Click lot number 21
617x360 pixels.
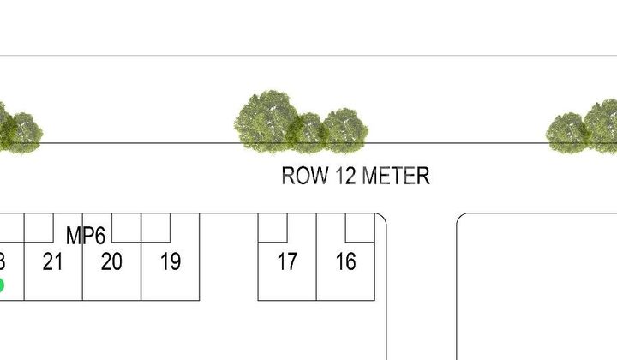53,261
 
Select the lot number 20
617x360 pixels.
111,261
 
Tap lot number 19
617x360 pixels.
171,261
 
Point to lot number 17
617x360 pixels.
287,261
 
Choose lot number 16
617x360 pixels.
345,261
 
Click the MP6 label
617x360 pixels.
86,236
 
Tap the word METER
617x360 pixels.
395,177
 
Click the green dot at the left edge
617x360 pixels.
1,285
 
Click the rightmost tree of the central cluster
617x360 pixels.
345,129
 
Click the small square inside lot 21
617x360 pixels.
39,227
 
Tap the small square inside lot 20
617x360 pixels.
126,227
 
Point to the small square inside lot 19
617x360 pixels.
155,227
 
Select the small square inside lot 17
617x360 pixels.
273,227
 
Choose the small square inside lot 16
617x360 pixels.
360,227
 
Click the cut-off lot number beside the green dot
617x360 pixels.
3,261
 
